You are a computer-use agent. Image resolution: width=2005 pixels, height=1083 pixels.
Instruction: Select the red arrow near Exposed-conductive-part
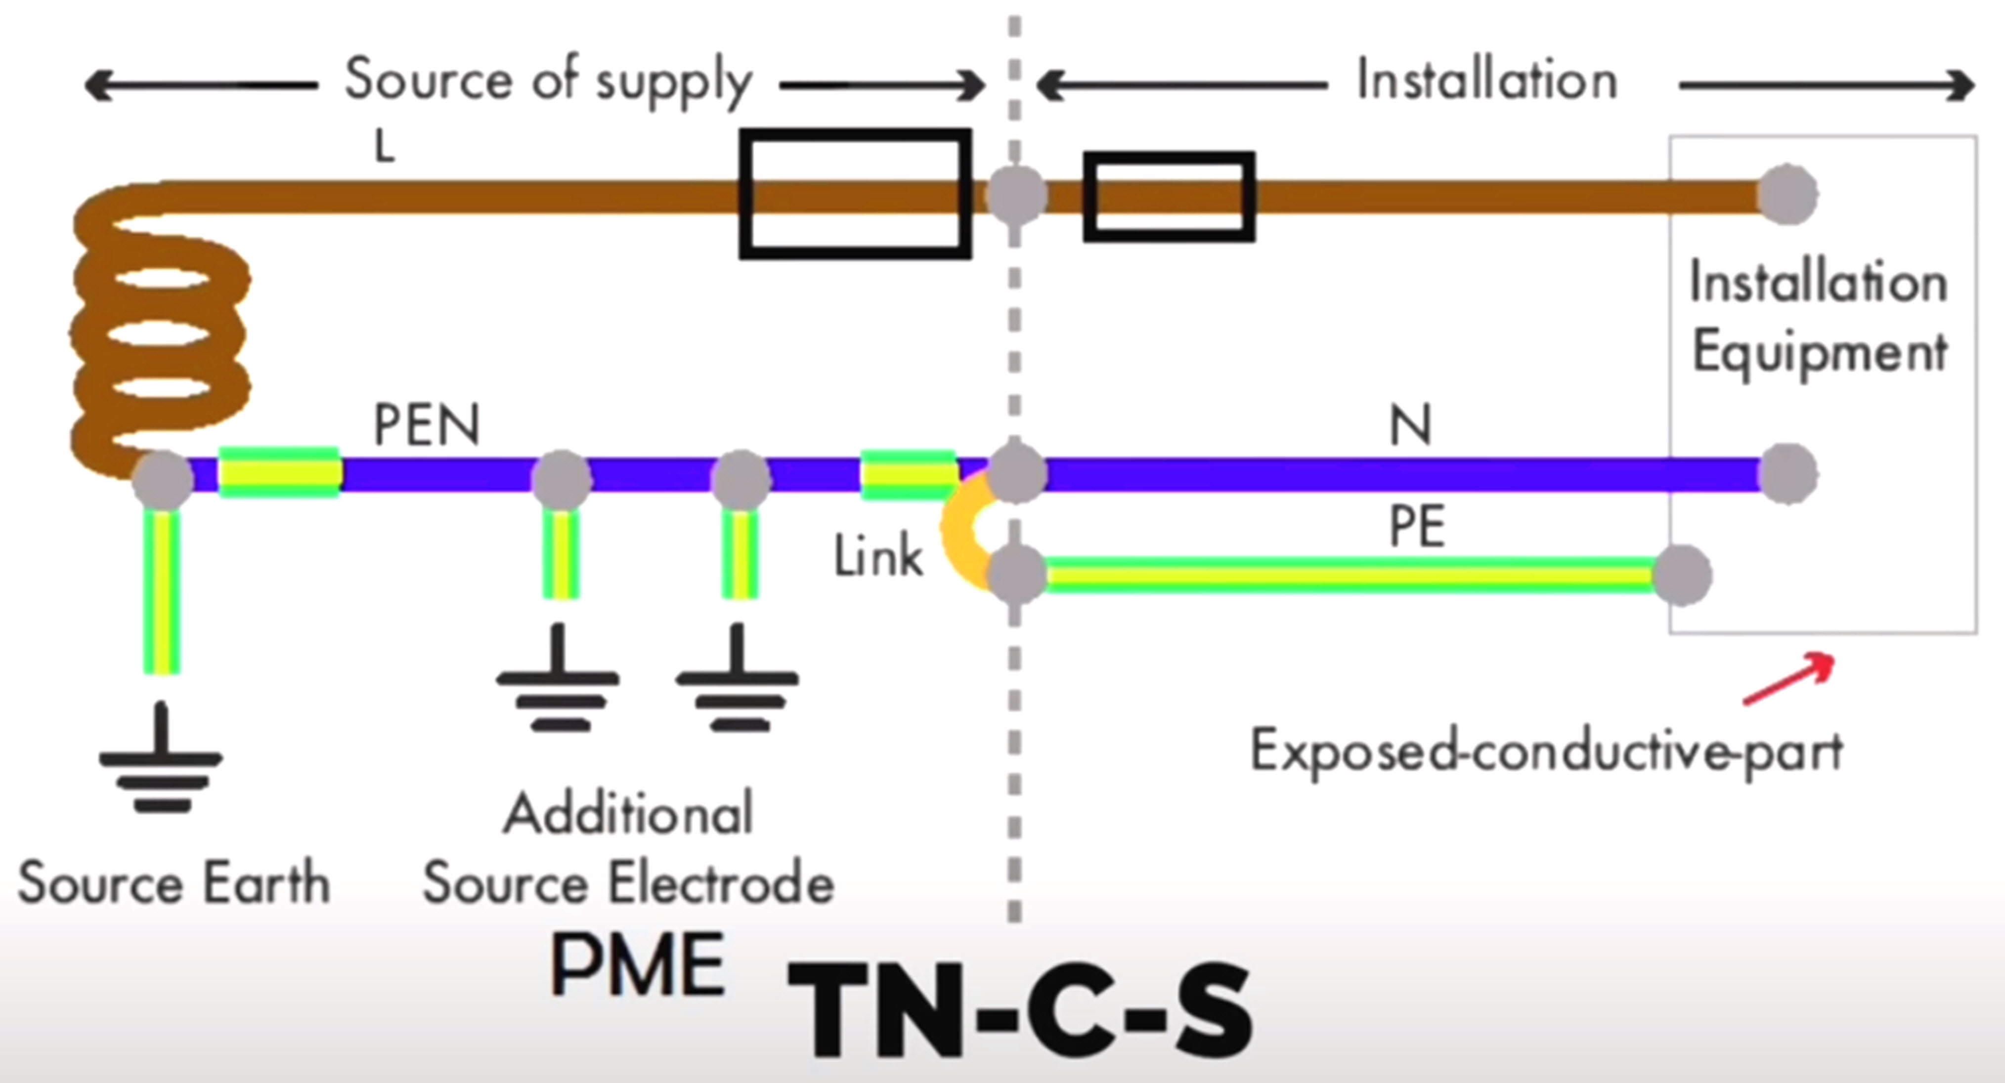(x=1788, y=680)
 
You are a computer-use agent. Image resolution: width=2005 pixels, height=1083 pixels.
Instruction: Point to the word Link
(x=878, y=557)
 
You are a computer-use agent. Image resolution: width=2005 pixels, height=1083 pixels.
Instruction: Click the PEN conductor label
(x=427, y=425)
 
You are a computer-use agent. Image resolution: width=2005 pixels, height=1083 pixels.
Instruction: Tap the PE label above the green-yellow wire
(x=1417, y=527)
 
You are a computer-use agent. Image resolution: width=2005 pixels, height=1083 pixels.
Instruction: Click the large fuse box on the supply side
(x=855, y=194)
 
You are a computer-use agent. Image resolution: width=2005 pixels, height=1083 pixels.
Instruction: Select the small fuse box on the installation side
(x=1169, y=197)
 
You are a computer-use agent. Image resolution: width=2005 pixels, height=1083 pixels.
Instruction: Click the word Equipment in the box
(x=1820, y=352)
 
